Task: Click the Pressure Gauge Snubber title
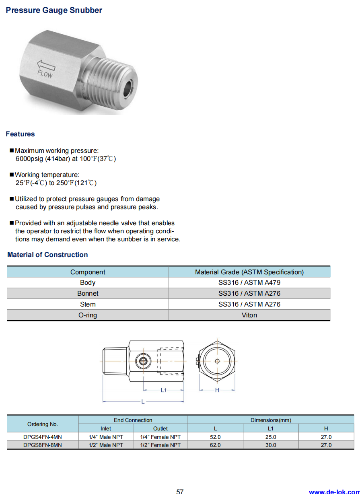[54, 10]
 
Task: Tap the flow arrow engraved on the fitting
[46, 65]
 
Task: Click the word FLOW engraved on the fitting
[45, 73]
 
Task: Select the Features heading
[20, 134]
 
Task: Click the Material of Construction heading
[47, 255]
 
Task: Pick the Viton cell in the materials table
[249, 315]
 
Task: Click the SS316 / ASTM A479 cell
[249, 282]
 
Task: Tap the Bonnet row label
[88, 293]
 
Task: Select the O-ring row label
[88, 315]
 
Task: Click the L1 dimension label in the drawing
[164, 390]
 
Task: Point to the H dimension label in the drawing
[217, 390]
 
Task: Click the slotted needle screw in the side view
[142, 361]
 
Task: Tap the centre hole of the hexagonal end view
[217, 361]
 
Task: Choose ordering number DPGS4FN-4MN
[43, 437]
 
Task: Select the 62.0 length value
[215, 445]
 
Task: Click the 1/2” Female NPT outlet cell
[160, 445]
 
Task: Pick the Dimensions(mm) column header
[271, 420]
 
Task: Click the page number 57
[180, 491]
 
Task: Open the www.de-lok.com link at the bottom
[334, 491]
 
